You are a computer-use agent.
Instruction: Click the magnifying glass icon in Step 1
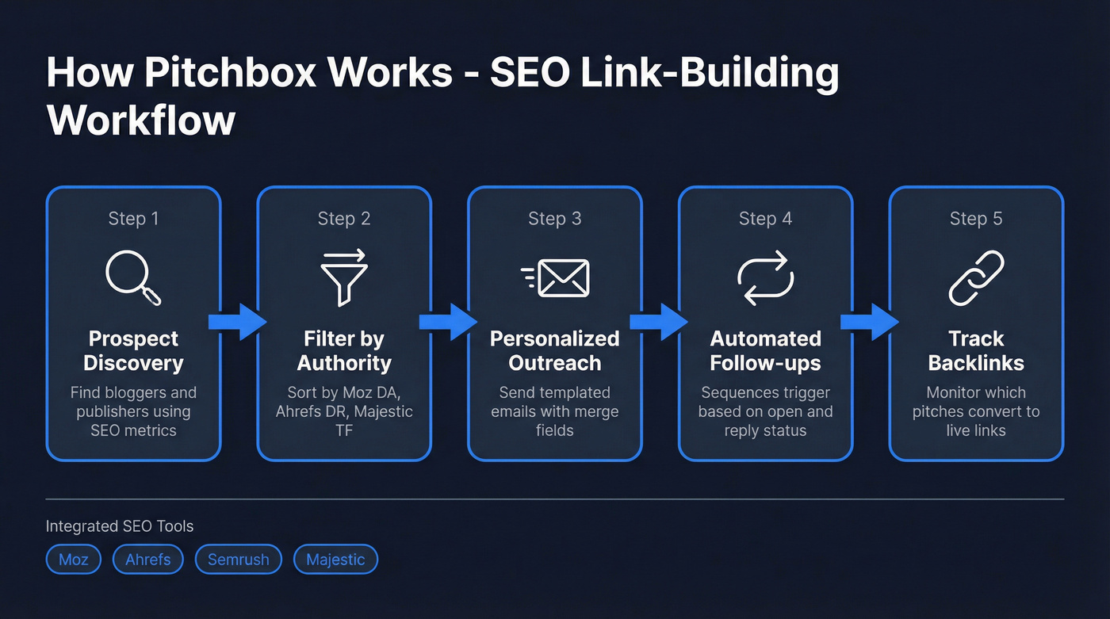pos(132,278)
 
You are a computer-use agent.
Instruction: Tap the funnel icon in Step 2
pos(343,277)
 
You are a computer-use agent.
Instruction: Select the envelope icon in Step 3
pos(556,278)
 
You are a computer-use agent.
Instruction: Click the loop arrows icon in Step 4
pos(765,278)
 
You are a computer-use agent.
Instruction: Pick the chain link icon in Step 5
pos(976,278)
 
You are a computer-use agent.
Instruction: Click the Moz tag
pos(74,560)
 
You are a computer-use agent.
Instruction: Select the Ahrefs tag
pos(148,560)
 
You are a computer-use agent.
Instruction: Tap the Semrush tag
pos(239,560)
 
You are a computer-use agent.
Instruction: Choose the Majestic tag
pos(335,560)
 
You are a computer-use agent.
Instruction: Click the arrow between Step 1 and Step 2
pos(238,322)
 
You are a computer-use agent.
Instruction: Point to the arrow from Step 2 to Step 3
pos(449,322)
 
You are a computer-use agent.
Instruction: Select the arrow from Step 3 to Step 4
pos(660,322)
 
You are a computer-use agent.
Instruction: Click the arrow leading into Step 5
pos(871,322)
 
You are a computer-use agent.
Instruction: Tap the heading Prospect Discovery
pos(133,351)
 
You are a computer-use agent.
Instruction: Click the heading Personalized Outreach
pos(554,351)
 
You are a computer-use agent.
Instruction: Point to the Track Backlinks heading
pos(976,351)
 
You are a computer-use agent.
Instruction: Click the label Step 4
pos(765,219)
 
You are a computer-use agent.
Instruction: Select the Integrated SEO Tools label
pos(120,526)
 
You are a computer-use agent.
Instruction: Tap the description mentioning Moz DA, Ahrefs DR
pos(344,411)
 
